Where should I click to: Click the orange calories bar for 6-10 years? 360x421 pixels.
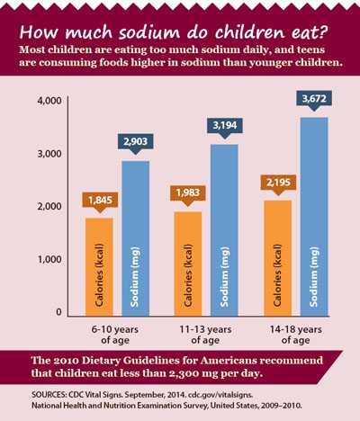click(99, 267)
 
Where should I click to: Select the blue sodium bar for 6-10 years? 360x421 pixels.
click(135, 238)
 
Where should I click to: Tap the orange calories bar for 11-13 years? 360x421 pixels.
click(185, 264)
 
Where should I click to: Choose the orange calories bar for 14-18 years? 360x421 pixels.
click(276, 258)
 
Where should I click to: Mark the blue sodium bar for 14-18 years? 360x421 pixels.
click(312, 217)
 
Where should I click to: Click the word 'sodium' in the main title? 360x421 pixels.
click(134, 17)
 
